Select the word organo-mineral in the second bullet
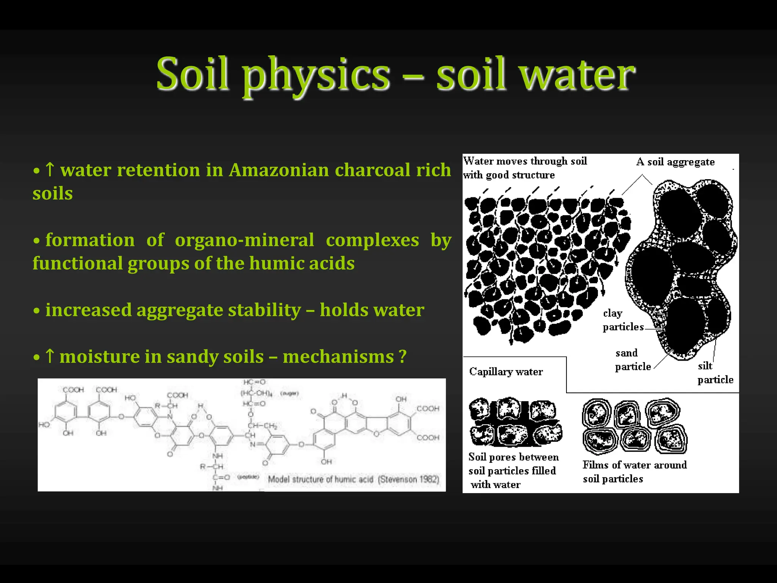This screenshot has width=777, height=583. coord(244,240)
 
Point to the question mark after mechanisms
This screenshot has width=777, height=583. coord(403,357)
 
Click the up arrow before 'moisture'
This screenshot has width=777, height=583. coord(50,357)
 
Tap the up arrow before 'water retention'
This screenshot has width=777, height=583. coord(50,170)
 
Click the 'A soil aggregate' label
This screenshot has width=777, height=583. coord(675,162)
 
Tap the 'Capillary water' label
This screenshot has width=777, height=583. coord(506,372)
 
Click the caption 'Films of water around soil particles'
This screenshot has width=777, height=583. coord(634,471)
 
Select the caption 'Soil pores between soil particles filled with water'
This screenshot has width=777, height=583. coord(513,471)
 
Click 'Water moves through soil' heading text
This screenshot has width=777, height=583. coord(525,161)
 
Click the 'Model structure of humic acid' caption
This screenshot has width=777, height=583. coord(321,479)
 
